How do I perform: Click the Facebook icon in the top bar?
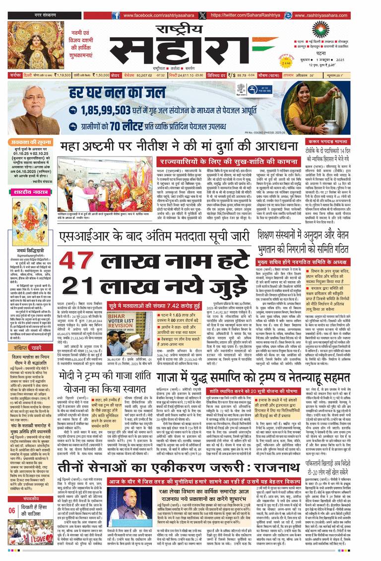pyautogui.click(x=116, y=15)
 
